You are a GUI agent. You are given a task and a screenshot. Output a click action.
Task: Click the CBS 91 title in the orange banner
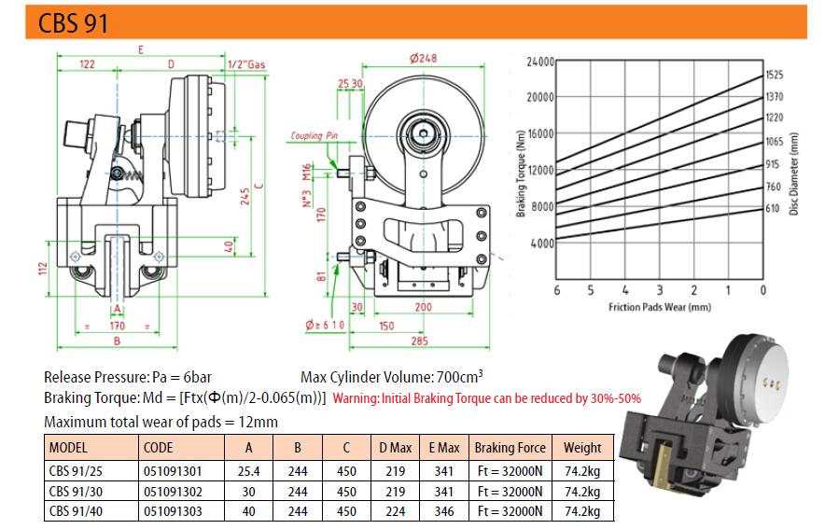pyautogui.click(x=73, y=23)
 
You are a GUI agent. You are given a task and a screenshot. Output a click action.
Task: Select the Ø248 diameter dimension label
pyautogui.click(x=423, y=58)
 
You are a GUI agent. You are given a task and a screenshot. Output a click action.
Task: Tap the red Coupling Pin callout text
pyautogui.click(x=315, y=135)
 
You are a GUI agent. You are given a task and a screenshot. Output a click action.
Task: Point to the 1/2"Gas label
pyautogui.click(x=246, y=64)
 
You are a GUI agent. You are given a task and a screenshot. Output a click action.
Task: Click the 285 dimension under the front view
pyautogui.click(x=419, y=341)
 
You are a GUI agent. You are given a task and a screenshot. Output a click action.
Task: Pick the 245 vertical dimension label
pyautogui.click(x=245, y=196)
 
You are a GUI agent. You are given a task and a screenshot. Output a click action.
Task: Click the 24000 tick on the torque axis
pyautogui.click(x=540, y=63)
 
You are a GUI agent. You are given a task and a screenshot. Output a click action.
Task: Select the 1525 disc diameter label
pyautogui.click(x=774, y=75)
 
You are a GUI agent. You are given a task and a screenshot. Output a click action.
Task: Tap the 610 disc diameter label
pyautogui.click(x=773, y=208)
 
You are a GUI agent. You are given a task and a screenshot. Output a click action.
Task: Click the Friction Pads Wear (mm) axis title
pyautogui.click(x=659, y=307)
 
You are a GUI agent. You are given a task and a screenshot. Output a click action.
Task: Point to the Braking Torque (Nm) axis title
pyautogui.click(x=521, y=174)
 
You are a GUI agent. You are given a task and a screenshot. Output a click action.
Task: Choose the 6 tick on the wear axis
pyautogui.click(x=556, y=290)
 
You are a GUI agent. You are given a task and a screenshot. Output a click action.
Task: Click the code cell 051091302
pyautogui.click(x=173, y=491)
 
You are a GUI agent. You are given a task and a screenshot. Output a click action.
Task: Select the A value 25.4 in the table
pyautogui.click(x=248, y=471)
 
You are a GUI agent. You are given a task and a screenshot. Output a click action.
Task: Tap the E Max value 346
pyautogui.click(x=444, y=511)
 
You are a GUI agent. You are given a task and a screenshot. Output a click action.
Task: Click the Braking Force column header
pyautogui.click(x=510, y=448)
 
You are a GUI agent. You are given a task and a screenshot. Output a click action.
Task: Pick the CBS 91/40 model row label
pyautogui.click(x=76, y=511)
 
